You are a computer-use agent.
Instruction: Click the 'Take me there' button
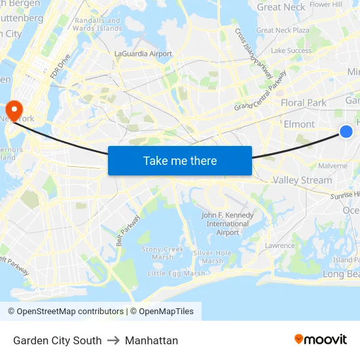[x=180, y=160]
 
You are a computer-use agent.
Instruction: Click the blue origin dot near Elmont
[x=346, y=132]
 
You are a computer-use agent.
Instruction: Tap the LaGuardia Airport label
[x=143, y=54]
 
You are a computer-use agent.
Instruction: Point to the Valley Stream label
[x=302, y=180]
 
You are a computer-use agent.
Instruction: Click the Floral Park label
[x=303, y=103]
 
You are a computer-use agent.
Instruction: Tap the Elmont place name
[x=299, y=124]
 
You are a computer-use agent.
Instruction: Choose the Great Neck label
[x=281, y=7]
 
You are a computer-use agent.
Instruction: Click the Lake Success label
[x=291, y=50]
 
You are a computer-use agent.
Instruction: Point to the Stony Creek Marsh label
[x=163, y=253]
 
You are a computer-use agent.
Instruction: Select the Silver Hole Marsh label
[x=212, y=257]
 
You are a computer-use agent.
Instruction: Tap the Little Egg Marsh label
[x=176, y=273]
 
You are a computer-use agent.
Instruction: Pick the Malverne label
[x=333, y=166]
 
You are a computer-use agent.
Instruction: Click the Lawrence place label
[x=279, y=245]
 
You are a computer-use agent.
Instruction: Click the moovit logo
[x=320, y=339]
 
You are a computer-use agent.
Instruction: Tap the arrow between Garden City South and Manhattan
[x=113, y=340]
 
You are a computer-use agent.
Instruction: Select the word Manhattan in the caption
[x=151, y=340]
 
